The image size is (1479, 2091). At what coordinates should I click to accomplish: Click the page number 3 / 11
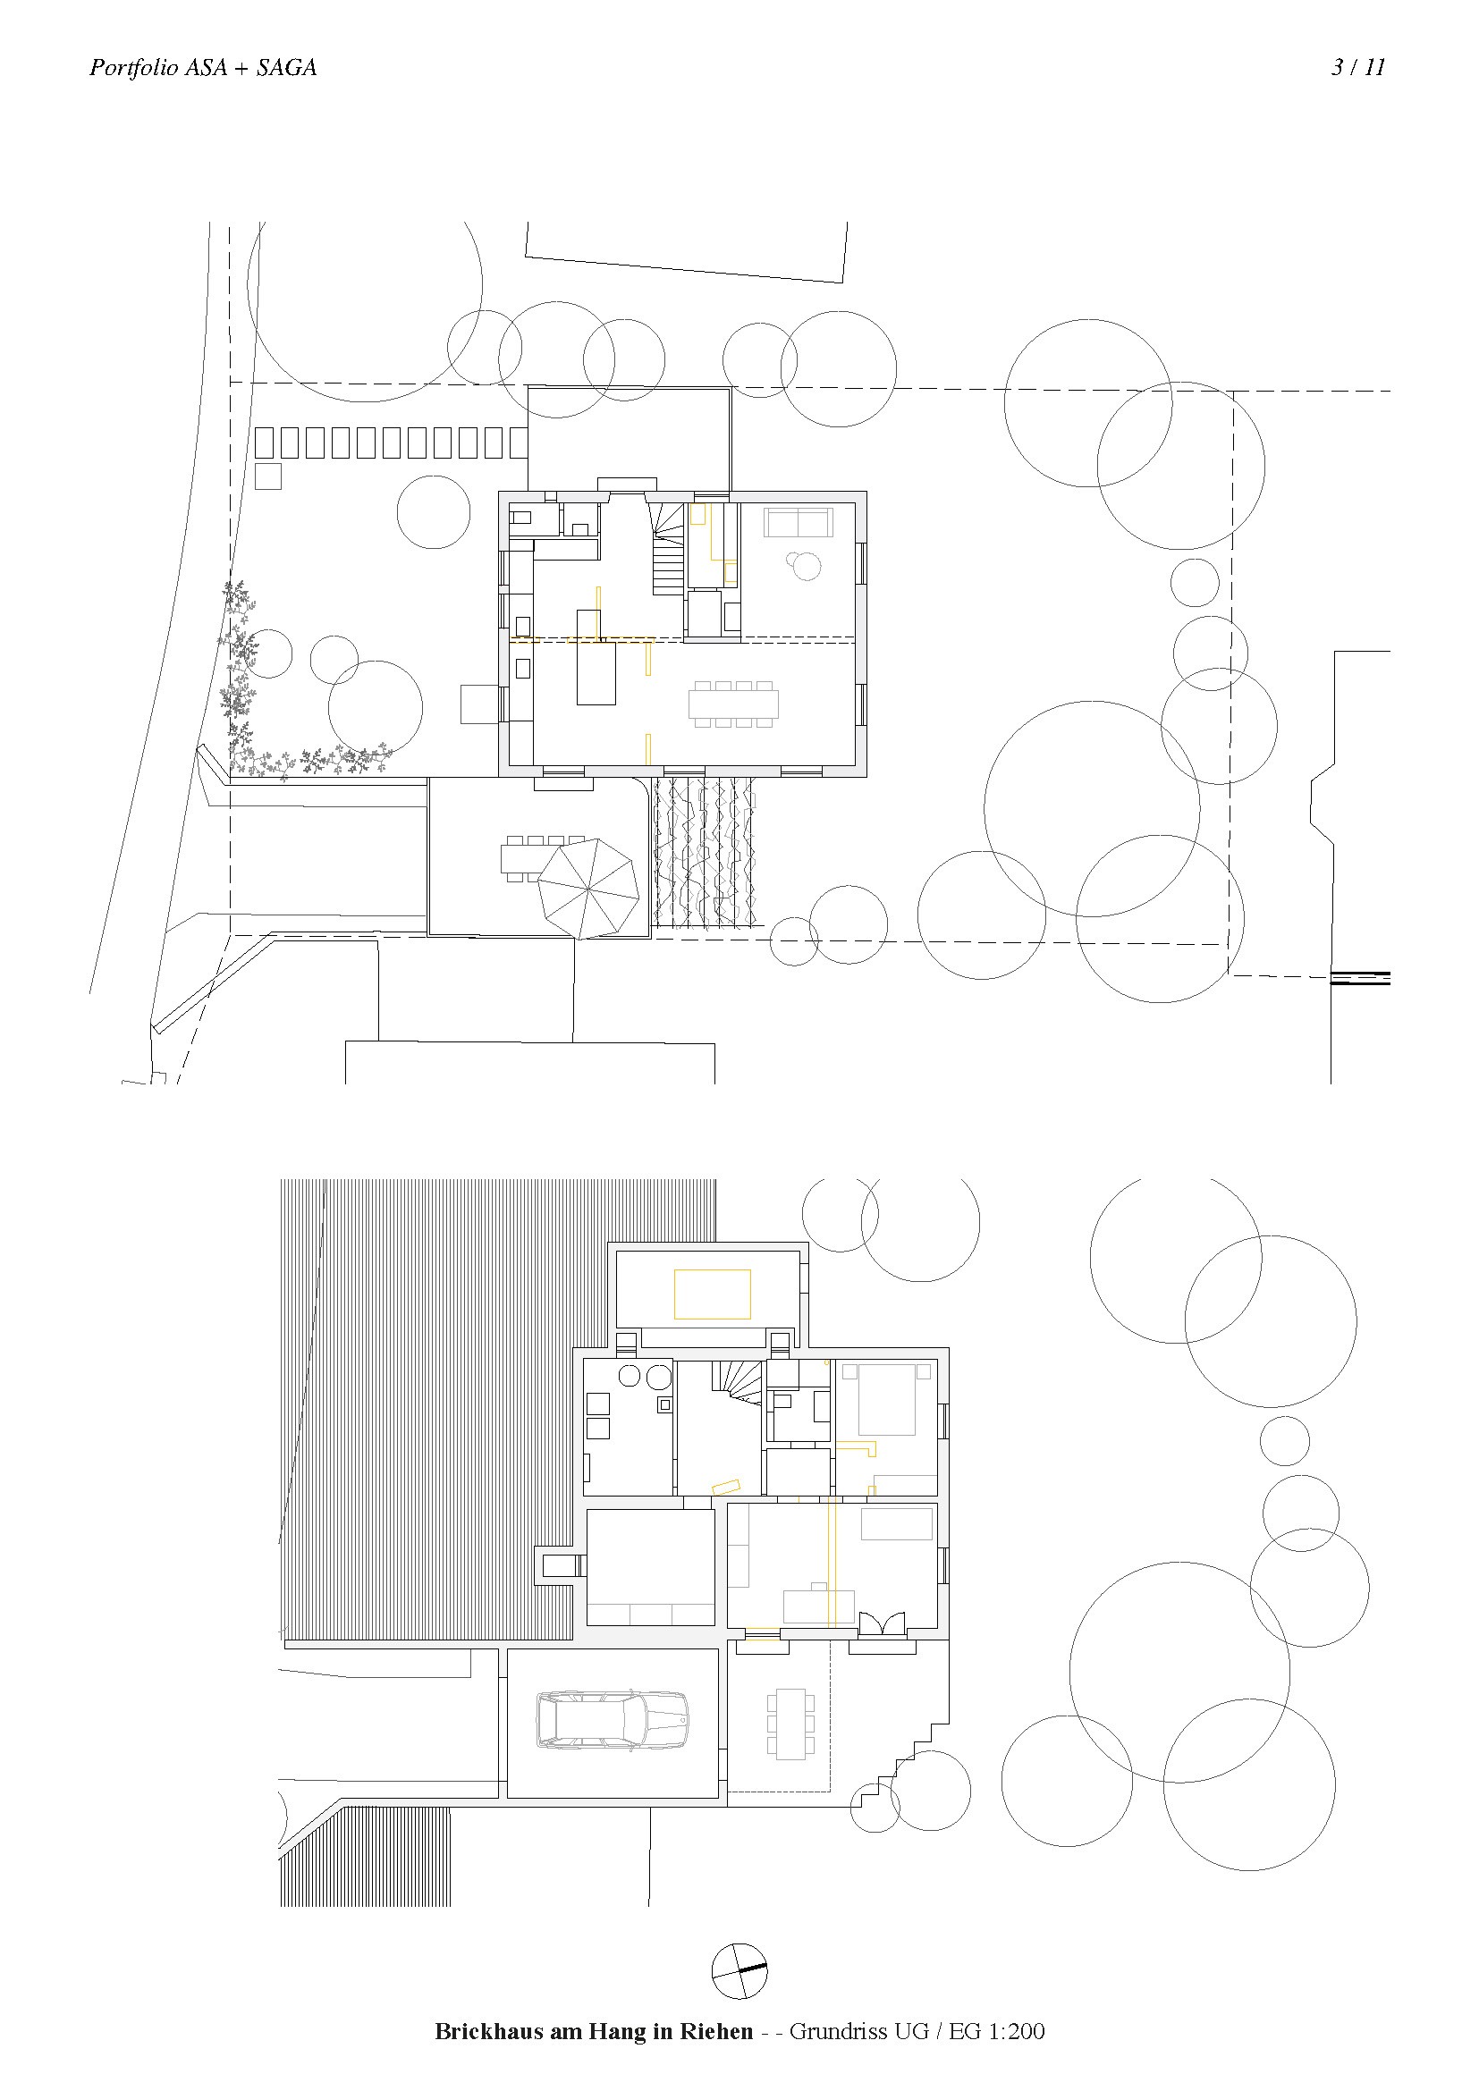click(1358, 67)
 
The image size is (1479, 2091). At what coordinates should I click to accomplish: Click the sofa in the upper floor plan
click(798, 523)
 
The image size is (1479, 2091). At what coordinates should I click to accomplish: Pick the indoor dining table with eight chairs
click(734, 704)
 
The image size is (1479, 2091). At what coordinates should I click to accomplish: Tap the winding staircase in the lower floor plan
click(739, 1382)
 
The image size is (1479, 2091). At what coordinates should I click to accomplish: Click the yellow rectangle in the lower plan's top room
click(712, 1294)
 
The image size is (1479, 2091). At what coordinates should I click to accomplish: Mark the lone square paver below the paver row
click(267, 476)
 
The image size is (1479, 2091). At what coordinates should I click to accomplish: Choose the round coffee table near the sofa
click(804, 566)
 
